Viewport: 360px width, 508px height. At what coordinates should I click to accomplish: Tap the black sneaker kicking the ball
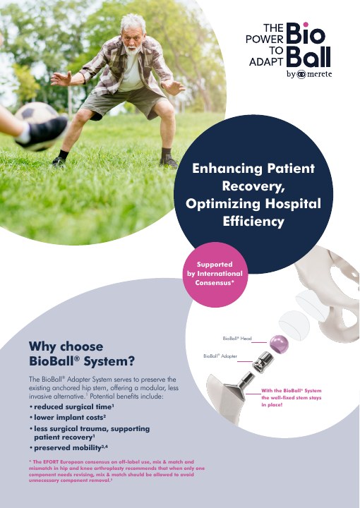pyautogui.click(x=44, y=133)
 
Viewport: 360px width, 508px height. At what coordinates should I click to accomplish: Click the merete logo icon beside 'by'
pyautogui.click(x=301, y=75)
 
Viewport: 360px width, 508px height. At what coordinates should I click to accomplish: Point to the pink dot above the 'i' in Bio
pyautogui.click(x=305, y=25)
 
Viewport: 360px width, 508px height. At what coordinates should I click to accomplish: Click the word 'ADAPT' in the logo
pyautogui.click(x=266, y=61)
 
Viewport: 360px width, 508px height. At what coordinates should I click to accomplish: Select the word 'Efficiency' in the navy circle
pyautogui.click(x=253, y=222)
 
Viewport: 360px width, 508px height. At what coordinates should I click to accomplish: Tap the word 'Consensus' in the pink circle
pyautogui.click(x=215, y=282)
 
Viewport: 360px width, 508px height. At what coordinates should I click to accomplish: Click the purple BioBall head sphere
pyautogui.click(x=279, y=344)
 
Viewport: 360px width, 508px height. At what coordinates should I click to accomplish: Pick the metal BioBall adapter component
pyautogui.click(x=263, y=361)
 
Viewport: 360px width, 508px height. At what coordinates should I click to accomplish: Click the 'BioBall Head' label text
pyautogui.click(x=237, y=339)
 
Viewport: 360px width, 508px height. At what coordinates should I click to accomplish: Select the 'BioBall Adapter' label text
pyautogui.click(x=220, y=356)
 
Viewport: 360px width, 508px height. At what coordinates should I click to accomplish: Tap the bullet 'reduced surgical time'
pyautogui.click(x=73, y=406)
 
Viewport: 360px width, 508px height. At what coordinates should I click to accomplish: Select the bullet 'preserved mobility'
pyautogui.click(x=71, y=448)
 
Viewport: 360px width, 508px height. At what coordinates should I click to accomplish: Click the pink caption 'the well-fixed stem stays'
pyautogui.click(x=292, y=397)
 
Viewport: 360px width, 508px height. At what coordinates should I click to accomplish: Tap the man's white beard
pyautogui.click(x=133, y=50)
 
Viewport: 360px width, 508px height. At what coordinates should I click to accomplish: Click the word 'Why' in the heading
pyautogui.click(x=42, y=346)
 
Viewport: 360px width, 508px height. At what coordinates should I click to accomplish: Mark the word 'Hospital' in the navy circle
pyautogui.click(x=293, y=204)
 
